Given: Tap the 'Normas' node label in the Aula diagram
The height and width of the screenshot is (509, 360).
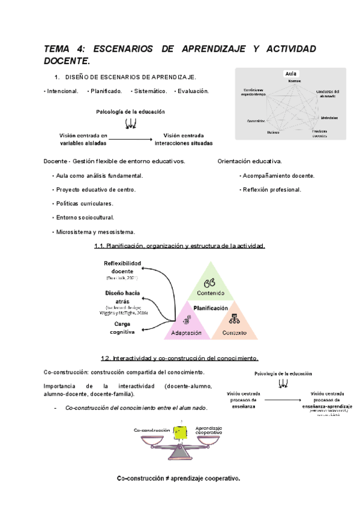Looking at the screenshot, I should pos(294,81).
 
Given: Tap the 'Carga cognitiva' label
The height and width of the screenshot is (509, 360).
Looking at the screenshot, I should pos(122,327).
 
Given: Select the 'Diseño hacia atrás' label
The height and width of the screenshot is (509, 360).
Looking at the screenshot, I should pos(122,297).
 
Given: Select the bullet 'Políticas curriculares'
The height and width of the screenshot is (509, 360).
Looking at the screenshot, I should pos(85,203).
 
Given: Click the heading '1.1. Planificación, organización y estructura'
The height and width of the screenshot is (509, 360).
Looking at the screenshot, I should pos(179,246).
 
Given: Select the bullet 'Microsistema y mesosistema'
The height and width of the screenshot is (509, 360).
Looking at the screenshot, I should pos(95,232).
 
